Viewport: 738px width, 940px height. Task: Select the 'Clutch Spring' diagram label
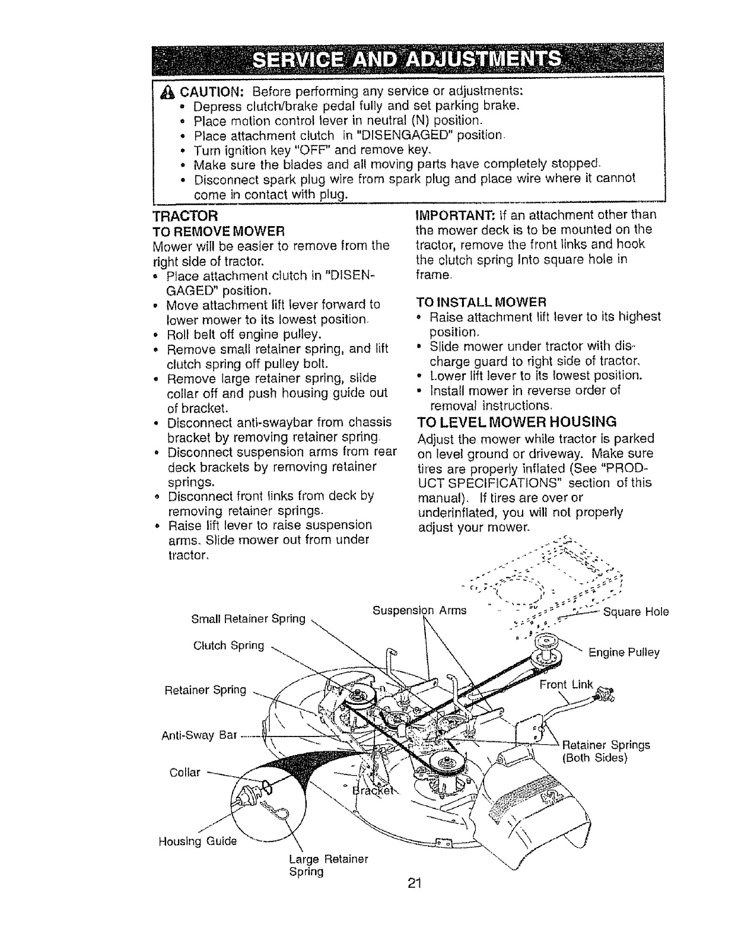click(228, 645)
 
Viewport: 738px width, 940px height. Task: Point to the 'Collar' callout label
click(185, 773)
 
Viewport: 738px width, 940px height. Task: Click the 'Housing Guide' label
click(197, 841)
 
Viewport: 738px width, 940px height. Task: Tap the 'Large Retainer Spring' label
click(328, 865)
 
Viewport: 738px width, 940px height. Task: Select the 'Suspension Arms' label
click(419, 609)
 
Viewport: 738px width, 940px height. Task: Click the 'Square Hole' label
click(635, 612)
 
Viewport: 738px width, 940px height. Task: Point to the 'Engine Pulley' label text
click(624, 653)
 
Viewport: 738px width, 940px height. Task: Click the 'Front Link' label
click(565, 685)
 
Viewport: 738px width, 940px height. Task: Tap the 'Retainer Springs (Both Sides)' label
click(605, 751)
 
